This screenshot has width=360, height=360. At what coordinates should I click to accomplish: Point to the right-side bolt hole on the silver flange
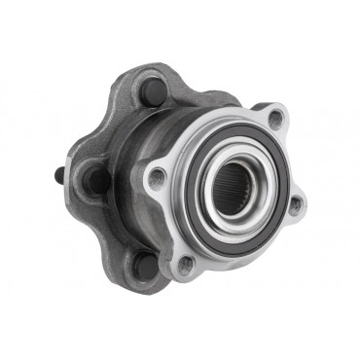(296, 203)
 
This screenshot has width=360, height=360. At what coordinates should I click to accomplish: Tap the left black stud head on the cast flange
(98, 179)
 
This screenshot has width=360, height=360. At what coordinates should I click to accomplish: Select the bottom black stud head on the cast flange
(145, 264)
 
